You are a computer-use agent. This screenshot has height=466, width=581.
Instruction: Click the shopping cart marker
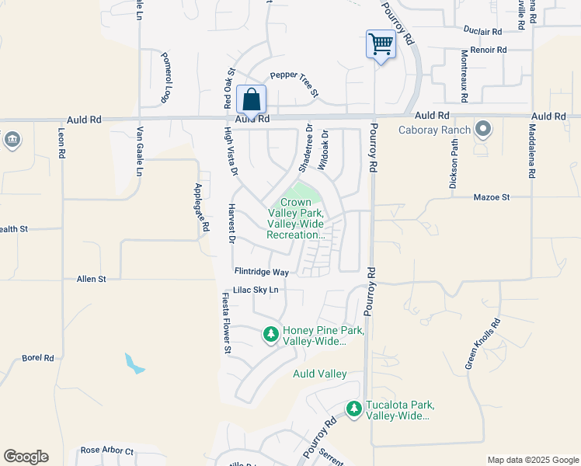(381, 44)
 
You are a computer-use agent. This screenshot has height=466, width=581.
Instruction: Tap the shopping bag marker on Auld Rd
(251, 99)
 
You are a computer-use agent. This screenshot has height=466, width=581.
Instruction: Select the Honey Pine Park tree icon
(270, 335)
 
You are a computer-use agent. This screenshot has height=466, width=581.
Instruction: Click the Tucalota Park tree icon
(354, 409)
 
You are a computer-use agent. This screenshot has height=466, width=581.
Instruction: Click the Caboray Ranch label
(435, 130)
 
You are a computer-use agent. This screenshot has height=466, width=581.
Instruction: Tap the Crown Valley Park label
(295, 218)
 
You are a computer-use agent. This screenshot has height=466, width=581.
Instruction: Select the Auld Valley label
(319, 374)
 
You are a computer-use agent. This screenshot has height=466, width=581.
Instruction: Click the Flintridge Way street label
(262, 272)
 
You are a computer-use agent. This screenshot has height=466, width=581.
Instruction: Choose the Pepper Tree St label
(294, 84)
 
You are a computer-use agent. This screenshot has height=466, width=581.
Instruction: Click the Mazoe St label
(491, 197)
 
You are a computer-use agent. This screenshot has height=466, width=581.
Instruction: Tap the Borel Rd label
(37, 358)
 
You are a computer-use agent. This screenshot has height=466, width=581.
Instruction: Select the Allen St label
(91, 278)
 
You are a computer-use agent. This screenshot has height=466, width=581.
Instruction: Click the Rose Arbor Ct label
(107, 450)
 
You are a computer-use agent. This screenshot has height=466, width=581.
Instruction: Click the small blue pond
(134, 363)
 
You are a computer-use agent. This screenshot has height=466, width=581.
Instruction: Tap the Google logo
(26, 457)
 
